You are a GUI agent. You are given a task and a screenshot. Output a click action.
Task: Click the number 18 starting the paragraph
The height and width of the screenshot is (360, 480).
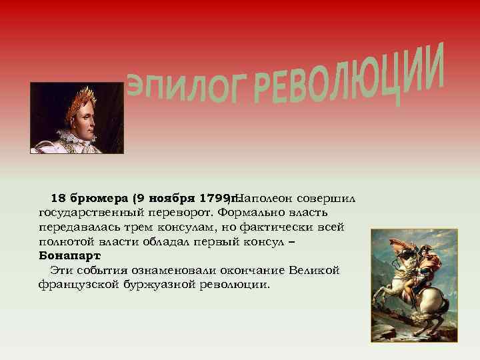point(58,198)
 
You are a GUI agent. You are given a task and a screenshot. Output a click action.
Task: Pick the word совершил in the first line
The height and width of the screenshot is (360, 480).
point(327,198)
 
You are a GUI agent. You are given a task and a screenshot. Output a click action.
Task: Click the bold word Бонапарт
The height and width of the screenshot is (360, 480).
point(70,256)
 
